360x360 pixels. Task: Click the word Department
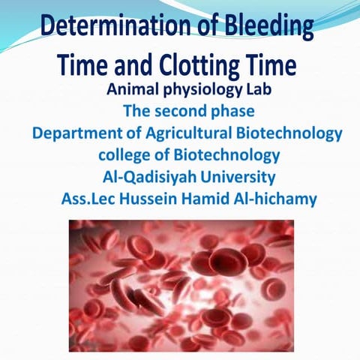tap(71, 135)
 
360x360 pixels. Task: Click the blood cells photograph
tap(180, 285)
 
